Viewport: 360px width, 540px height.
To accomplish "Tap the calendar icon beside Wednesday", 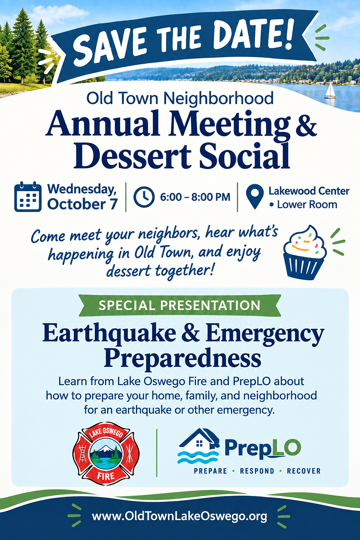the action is [x=28, y=197].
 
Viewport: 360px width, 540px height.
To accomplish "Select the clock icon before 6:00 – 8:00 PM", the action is [x=144, y=197].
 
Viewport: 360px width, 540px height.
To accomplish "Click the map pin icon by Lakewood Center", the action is [x=255, y=197].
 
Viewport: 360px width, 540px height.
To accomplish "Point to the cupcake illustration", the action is [x=305, y=253].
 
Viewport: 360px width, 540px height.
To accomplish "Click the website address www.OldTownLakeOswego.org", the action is [x=179, y=516].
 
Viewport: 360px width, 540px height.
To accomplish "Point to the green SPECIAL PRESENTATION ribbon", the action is [x=180, y=305].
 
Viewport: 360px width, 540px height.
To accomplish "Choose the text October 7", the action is [x=82, y=204].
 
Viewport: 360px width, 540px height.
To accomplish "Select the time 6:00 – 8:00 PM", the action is [x=195, y=197].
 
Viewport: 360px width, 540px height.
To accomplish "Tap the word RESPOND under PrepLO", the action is [x=257, y=471].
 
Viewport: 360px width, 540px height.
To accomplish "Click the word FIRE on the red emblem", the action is [x=106, y=476].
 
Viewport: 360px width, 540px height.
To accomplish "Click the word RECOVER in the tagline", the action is [x=304, y=471].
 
